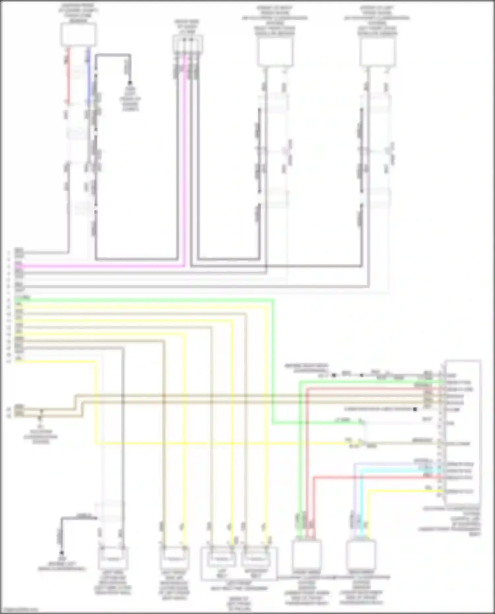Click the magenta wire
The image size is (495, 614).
99,266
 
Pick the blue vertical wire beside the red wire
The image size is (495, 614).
88,76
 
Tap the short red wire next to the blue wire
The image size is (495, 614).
69,76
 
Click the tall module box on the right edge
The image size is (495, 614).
462,432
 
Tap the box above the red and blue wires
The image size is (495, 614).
78,35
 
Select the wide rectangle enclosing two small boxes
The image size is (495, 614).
239,564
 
